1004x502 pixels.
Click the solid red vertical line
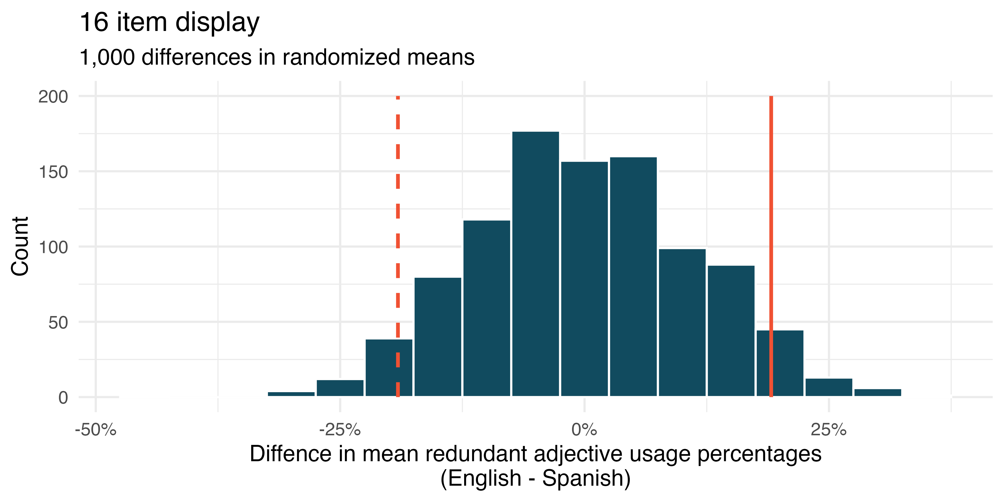(771, 246)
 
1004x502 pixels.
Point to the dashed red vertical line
(398, 246)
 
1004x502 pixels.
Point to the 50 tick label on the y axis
(58, 323)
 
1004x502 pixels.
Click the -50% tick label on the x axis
(96, 430)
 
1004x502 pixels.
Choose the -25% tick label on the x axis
(340, 430)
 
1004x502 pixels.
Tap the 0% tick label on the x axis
(584, 430)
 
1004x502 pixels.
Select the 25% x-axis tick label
(829, 430)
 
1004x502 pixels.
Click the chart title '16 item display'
(169, 23)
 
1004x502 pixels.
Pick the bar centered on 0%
(584, 279)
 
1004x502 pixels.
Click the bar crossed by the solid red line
(780, 363)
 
